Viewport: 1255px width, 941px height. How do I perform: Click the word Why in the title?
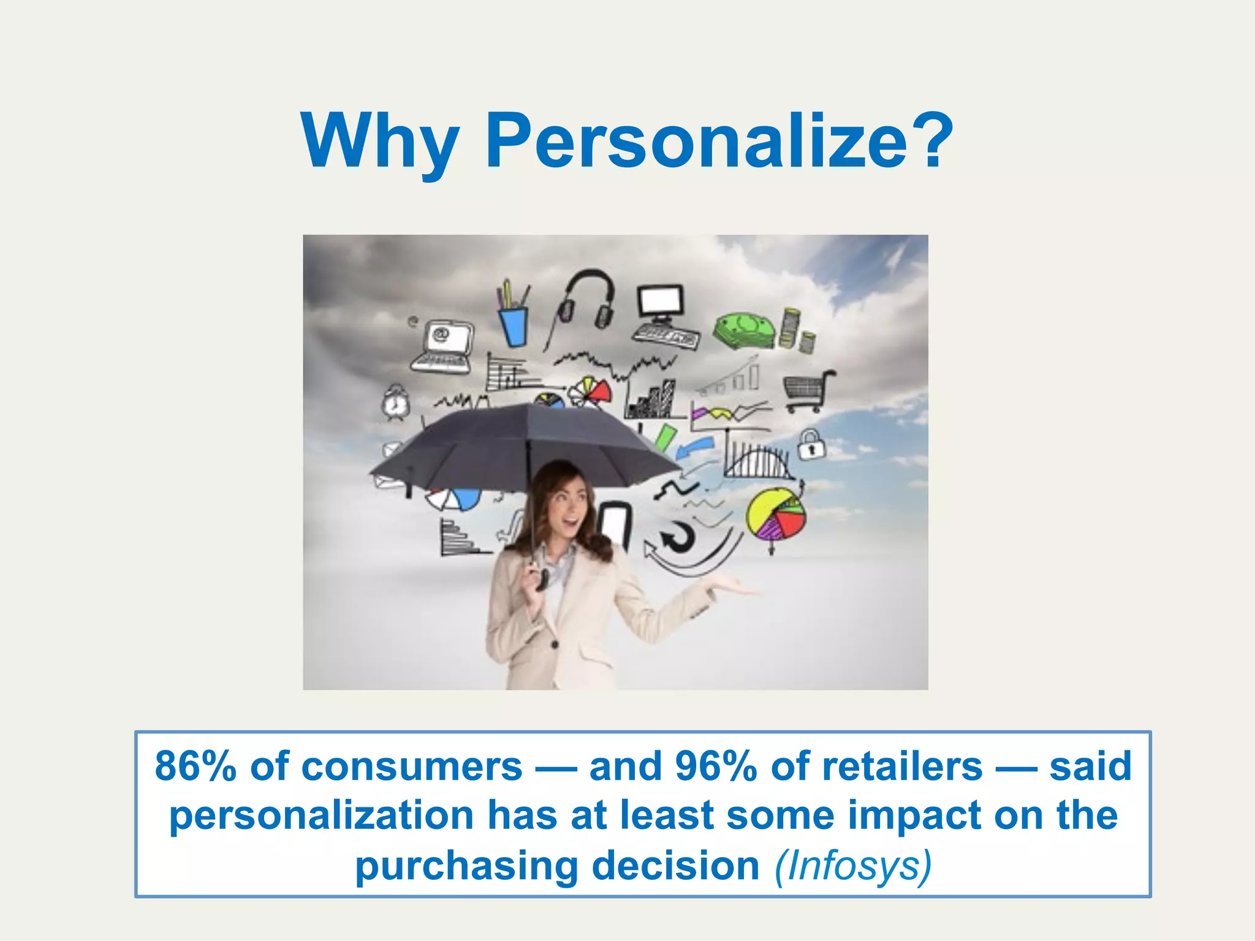click(380, 142)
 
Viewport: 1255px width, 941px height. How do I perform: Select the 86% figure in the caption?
click(195, 766)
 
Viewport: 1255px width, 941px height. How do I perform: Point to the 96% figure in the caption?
click(715, 766)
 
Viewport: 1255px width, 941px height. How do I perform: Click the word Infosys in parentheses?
click(853, 866)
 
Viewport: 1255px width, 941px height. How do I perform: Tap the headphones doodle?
click(587, 300)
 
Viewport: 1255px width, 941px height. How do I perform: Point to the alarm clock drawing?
click(395, 402)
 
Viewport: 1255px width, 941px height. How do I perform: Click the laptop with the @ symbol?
click(442, 346)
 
